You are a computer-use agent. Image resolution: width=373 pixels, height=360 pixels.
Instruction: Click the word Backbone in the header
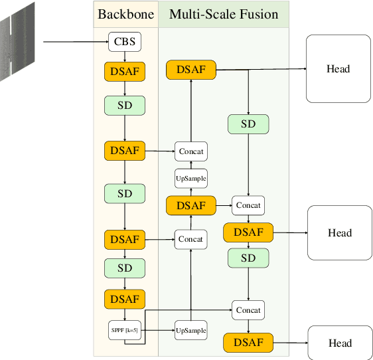(x=126, y=14)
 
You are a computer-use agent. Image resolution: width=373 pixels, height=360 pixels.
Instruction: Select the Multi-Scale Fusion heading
(x=224, y=14)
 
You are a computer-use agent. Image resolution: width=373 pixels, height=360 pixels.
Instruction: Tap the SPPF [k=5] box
(x=125, y=330)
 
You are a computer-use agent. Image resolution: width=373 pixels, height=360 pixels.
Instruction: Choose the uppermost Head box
(x=338, y=69)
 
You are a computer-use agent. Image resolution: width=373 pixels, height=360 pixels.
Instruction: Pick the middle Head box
(x=339, y=233)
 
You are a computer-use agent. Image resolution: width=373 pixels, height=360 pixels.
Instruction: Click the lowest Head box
(x=339, y=343)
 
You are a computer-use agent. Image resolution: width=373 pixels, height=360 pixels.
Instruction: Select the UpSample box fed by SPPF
(x=190, y=330)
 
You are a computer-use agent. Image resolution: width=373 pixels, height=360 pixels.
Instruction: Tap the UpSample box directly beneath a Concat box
(x=190, y=178)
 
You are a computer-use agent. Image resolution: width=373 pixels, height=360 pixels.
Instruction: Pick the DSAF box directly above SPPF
(x=125, y=299)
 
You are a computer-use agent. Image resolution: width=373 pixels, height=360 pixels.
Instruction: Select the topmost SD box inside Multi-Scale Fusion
(x=248, y=124)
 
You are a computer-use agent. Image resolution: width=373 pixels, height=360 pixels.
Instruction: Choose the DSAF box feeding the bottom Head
(x=248, y=343)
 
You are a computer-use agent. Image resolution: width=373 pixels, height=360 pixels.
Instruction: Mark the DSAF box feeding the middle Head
(x=248, y=232)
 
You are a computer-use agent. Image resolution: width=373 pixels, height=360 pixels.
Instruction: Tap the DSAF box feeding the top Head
(x=191, y=69)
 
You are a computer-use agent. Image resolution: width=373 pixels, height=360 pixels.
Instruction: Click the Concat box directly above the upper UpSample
(x=190, y=151)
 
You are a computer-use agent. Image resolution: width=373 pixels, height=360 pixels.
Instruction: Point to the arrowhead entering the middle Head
(x=304, y=233)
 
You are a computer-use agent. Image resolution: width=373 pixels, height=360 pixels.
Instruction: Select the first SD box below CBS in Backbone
(x=125, y=106)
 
